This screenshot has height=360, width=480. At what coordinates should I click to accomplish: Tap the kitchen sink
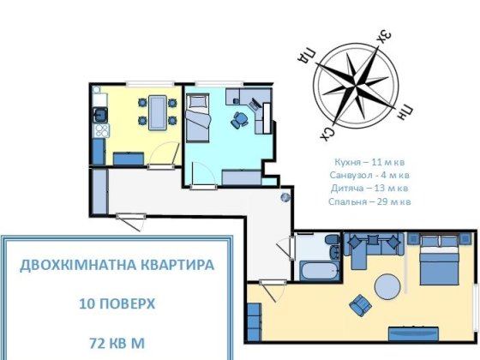click(100, 111)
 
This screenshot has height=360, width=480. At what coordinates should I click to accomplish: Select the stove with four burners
click(100, 131)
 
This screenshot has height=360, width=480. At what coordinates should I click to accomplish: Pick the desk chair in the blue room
click(239, 121)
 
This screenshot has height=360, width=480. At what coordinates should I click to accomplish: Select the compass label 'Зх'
click(385, 36)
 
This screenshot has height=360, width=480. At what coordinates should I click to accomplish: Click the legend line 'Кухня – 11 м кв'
click(369, 161)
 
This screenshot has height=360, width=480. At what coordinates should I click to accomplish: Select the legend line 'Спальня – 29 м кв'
click(369, 201)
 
